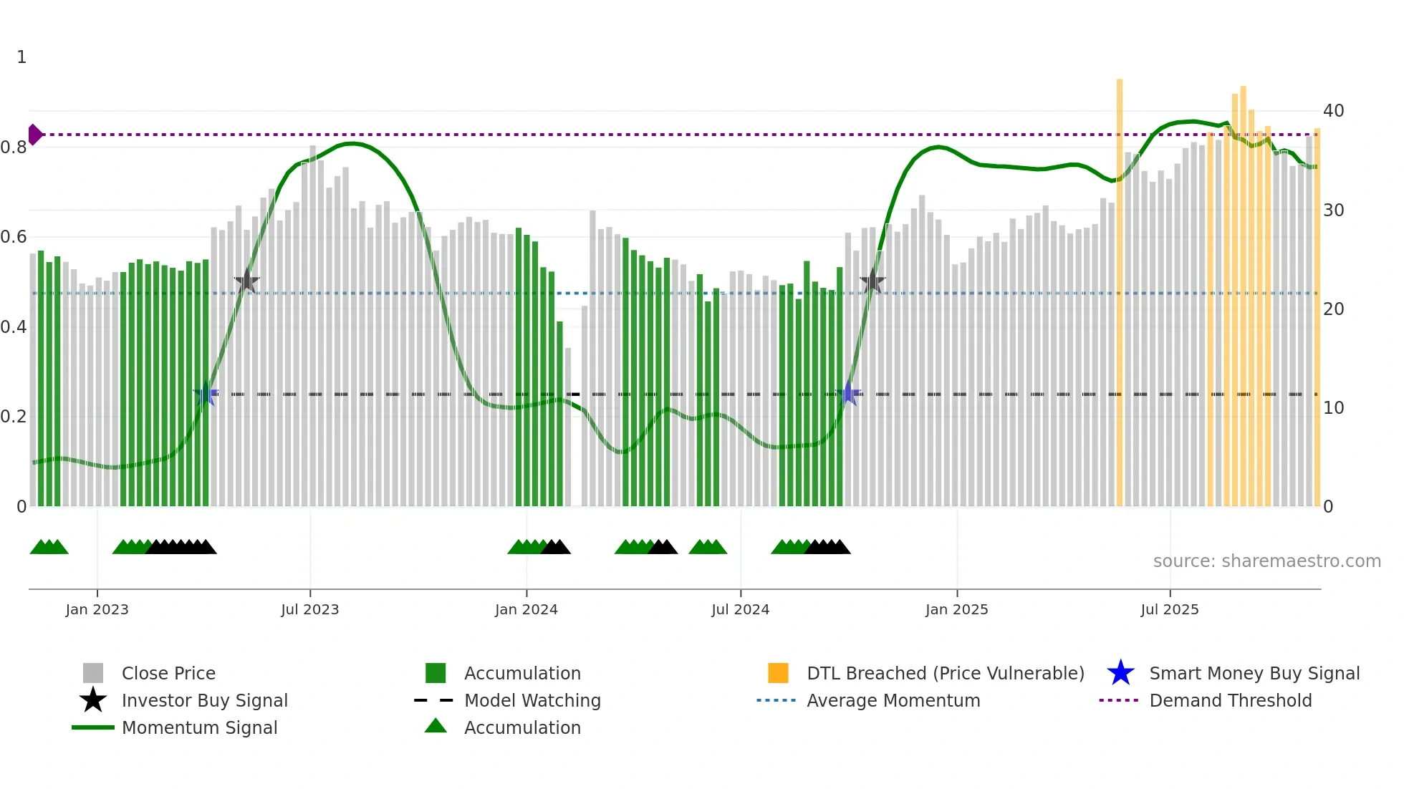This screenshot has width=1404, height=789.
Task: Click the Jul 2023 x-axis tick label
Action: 309,609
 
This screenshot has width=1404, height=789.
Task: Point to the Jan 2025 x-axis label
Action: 956,609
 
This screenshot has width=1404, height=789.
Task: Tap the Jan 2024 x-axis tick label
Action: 526,609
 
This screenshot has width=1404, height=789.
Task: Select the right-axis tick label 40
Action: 1333,111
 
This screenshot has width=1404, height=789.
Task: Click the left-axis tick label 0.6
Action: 14,237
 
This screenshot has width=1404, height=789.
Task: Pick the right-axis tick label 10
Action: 1333,408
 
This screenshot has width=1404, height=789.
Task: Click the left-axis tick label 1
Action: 21,57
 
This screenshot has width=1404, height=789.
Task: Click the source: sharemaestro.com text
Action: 1266,561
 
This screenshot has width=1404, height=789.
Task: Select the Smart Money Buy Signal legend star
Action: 1120,673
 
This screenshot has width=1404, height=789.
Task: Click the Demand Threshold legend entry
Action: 1230,700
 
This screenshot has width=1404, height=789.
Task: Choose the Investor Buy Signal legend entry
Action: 204,700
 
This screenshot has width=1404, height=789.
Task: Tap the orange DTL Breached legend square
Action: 778,673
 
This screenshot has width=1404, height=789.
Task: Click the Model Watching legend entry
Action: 532,700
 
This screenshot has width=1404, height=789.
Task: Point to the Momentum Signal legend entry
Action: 199,727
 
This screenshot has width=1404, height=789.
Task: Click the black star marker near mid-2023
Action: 246,281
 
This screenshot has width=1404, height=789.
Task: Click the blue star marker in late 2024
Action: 849,394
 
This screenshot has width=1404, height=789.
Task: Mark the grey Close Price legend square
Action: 93,673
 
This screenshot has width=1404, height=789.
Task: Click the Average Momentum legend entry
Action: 893,700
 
